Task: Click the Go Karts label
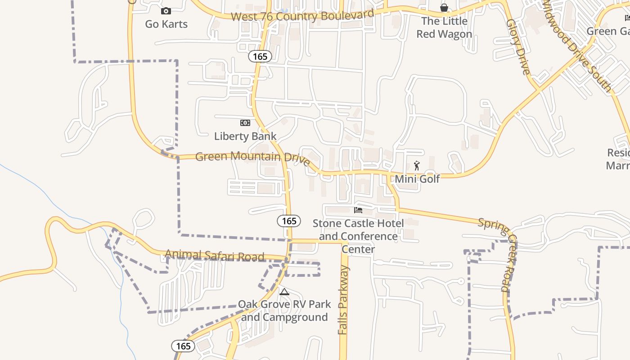coord(166,24)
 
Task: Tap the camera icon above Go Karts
coord(166,11)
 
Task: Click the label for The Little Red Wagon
coord(444,27)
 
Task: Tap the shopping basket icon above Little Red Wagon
coord(444,8)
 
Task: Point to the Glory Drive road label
coord(518,46)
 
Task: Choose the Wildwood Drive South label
coord(577,45)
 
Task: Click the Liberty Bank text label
coord(245,136)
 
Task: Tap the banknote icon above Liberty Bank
coord(245,123)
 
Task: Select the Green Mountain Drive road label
coord(252,157)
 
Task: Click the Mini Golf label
coord(417,179)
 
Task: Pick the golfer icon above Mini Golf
coord(417,166)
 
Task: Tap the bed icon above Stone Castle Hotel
coord(358,210)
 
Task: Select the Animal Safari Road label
coord(214,256)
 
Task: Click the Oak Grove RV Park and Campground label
coord(284,310)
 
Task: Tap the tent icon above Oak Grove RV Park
coord(284,292)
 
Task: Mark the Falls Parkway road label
coord(343,300)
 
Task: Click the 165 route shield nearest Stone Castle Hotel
coord(289,220)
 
